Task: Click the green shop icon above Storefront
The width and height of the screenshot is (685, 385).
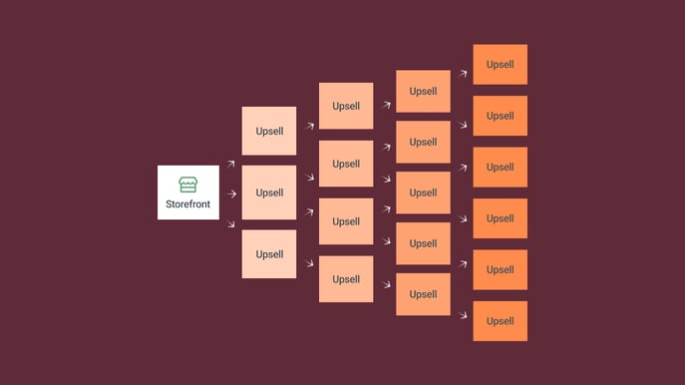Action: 187,185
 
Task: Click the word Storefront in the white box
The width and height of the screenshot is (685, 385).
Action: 187,204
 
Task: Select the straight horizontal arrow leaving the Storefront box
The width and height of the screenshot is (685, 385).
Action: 231,193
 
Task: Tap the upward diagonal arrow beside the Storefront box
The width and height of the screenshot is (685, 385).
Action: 231,164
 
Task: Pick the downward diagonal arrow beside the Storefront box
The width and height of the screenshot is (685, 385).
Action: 231,224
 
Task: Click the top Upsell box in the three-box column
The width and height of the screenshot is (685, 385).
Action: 269,131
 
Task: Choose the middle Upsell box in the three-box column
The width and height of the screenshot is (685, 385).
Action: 269,192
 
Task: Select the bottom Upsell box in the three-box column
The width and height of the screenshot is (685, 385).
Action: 269,254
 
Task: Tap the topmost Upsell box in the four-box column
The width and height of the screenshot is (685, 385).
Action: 346,106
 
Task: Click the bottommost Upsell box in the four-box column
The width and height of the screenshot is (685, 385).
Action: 346,279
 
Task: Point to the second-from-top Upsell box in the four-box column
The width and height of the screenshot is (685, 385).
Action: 346,164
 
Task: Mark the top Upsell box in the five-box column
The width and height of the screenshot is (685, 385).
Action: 423,91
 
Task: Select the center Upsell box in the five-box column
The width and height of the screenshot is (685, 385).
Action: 423,192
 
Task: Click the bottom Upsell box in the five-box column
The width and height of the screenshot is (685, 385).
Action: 423,294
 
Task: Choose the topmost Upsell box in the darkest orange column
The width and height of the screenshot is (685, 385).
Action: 501,64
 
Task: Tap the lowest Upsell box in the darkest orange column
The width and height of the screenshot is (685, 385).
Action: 501,321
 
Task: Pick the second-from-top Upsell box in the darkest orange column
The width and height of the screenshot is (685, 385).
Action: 501,116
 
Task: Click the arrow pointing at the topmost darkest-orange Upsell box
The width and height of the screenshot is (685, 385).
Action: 463,74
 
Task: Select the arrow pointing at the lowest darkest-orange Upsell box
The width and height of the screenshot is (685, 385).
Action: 463,314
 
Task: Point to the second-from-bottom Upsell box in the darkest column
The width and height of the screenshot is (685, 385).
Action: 501,269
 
